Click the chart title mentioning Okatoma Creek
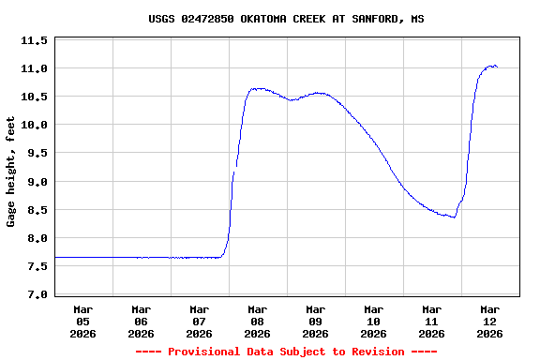[x=286, y=19]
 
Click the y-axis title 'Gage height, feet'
[x=11, y=172]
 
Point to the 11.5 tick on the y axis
[x=35, y=41]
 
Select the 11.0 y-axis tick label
[x=35, y=69]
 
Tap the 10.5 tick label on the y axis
[x=35, y=97]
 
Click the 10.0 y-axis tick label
[x=35, y=126]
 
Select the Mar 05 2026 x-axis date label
[x=83, y=321]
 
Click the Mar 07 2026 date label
[x=200, y=321]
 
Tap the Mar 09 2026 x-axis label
[x=316, y=321]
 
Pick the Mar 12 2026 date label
[x=489, y=321]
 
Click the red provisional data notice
[x=286, y=352]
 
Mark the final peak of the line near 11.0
[x=492, y=66]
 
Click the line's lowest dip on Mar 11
[x=454, y=217]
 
